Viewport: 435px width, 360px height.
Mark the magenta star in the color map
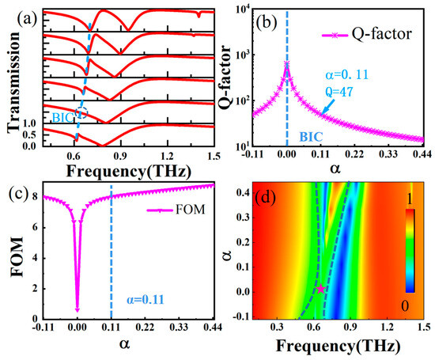[x=320, y=290]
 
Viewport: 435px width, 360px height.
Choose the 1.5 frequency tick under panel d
[x=421, y=326]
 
